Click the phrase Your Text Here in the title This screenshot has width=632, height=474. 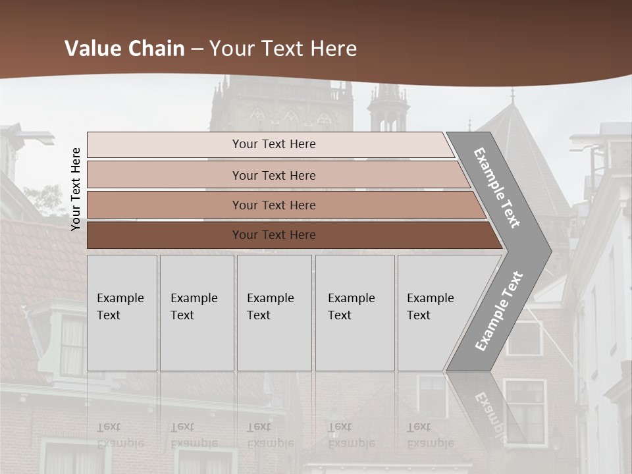click(283, 49)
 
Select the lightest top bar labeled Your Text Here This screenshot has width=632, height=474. click(273, 145)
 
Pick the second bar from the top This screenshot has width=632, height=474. click(273, 175)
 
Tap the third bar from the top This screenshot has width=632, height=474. click(273, 205)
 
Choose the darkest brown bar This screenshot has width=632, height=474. click(273, 235)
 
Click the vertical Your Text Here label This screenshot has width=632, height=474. click(76, 189)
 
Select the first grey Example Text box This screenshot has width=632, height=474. click(122, 313)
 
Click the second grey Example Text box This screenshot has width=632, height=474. click(196, 313)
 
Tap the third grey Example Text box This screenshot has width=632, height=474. click(274, 313)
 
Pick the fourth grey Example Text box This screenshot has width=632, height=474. click(355, 313)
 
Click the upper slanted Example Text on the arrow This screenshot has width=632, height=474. click(497, 188)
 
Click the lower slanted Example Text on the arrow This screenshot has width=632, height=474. click(498, 311)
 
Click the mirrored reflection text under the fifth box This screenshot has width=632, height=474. click(430, 435)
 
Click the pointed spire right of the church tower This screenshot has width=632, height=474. click(388, 105)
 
